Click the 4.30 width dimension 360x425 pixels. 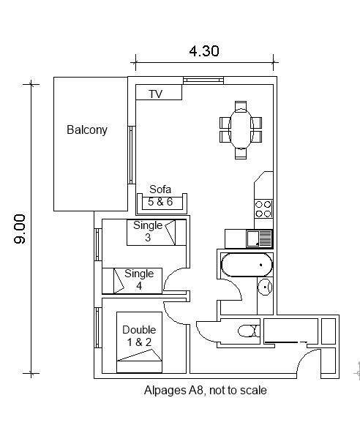pos(204,51)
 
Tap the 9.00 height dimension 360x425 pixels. pos(20,229)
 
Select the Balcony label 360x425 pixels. pos(87,129)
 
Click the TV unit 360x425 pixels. pos(159,92)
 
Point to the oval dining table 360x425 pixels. pos(241,129)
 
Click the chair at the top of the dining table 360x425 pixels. pos(241,106)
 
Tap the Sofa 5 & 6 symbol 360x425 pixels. pos(162,203)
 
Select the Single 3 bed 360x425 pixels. pos(157,233)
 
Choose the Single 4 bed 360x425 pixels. pos(132,281)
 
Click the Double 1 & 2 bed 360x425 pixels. pos(139,342)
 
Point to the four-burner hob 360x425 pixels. pos(263,209)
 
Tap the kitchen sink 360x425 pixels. pos(259,238)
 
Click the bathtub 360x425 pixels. pos(247,265)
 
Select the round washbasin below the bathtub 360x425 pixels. pos(265,287)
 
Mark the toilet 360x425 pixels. pos(249,331)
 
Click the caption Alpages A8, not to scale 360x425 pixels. pos(205,391)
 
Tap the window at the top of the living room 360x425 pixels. pos(203,80)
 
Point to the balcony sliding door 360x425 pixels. pos(132,155)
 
